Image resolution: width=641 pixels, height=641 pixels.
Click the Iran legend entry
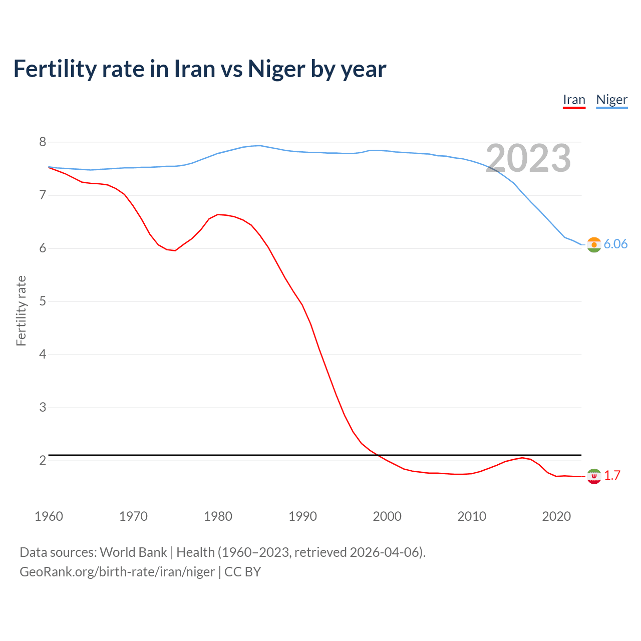[574, 100]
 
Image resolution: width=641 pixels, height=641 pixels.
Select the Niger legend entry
[611, 100]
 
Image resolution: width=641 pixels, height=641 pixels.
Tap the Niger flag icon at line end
[594, 244]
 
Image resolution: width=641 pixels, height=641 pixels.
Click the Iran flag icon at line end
[594, 476]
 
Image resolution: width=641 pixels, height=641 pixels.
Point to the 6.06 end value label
[615, 244]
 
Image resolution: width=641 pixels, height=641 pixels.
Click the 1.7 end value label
[612, 476]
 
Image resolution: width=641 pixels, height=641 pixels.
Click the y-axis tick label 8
[43, 142]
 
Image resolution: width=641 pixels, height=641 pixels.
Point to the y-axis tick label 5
[43, 301]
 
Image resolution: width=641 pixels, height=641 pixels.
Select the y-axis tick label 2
[43, 460]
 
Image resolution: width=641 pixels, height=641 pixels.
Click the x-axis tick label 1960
[49, 516]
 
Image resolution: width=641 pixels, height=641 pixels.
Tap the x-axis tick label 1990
[302, 516]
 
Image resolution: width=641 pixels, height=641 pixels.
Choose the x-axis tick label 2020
[556, 516]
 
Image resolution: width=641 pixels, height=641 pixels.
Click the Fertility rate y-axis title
[21, 310]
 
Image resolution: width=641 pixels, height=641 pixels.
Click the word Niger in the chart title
[276, 69]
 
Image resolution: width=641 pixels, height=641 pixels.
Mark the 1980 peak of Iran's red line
[218, 214]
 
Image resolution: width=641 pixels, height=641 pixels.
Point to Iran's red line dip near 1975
[175, 250]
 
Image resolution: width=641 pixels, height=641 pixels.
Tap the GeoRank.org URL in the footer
[117, 572]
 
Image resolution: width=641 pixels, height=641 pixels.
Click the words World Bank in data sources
[133, 552]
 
